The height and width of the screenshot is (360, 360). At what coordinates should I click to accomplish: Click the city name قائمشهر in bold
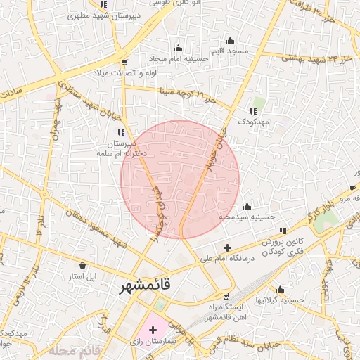pyautogui.click(x=141, y=288)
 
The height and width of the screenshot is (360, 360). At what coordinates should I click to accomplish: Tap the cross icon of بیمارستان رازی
pyautogui.click(x=153, y=329)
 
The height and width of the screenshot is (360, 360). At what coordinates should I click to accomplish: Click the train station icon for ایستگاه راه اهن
pyautogui.click(x=226, y=296)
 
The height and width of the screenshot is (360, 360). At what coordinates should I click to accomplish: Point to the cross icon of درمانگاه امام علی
pyautogui.click(x=226, y=247)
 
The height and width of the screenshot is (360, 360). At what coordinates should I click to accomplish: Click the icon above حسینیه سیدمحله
pyautogui.click(x=247, y=207)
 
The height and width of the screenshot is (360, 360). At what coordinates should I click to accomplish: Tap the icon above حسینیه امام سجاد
pyautogui.click(x=178, y=49)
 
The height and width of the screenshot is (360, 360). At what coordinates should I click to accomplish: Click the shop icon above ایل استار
pyautogui.click(x=84, y=266)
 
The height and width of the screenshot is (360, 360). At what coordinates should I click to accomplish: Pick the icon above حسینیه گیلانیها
pyautogui.click(x=281, y=289)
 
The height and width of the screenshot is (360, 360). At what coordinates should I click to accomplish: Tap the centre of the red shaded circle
pyautogui.click(x=180, y=179)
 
